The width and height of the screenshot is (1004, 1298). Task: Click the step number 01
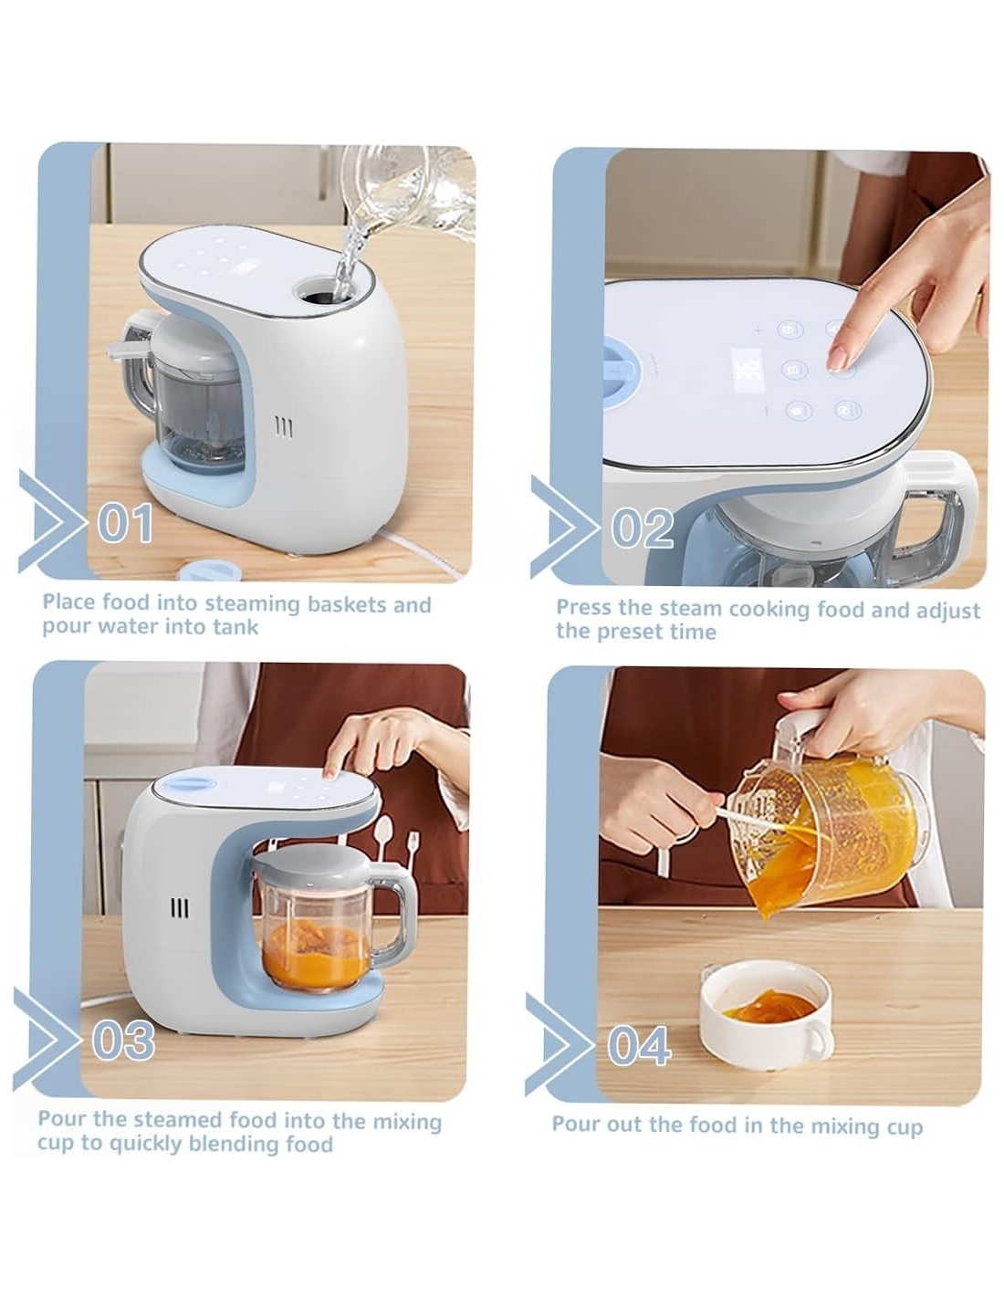(x=125, y=523)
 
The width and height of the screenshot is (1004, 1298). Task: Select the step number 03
(x=123, y=1040)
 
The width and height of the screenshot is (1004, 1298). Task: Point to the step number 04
(x=639, y=1045)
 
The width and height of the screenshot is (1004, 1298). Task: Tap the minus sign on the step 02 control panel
(x=766, y=411)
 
